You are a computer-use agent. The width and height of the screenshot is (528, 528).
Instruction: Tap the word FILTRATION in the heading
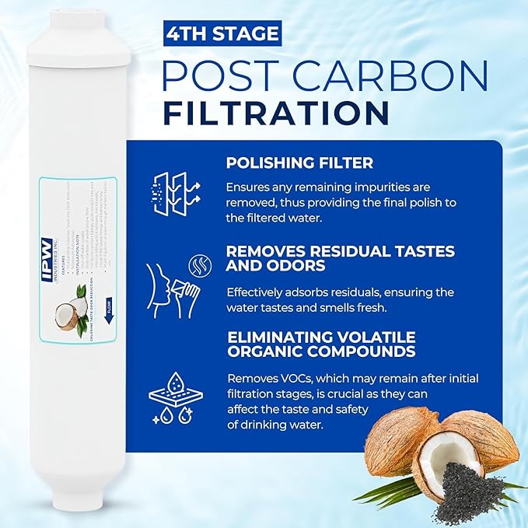pos(275,111)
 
